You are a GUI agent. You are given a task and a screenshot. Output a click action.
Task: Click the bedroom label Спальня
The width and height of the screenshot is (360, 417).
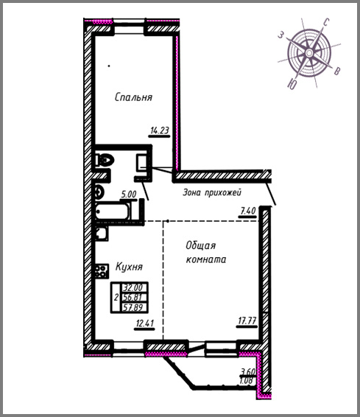click(x=134, y=97)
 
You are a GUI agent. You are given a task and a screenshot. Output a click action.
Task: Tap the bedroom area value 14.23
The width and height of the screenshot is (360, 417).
click(x=160, y=130)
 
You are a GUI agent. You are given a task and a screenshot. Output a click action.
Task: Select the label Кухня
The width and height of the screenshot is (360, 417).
click(x=129, y=267)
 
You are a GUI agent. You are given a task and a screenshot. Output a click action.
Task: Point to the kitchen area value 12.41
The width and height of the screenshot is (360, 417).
click(x=145, y=323)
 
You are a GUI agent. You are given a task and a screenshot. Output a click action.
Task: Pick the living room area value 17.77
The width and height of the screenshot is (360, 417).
click(x=247, y=320)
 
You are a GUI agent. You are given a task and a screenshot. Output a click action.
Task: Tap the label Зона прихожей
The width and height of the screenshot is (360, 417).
click(x=212, y=192)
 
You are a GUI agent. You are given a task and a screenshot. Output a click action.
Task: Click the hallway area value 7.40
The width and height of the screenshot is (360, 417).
click(x=248, y=211)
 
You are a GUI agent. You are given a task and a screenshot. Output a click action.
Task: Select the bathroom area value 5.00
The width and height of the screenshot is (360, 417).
click(x=129, y=195)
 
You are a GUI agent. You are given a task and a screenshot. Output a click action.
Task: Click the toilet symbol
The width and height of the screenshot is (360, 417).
click(x=105, y=160)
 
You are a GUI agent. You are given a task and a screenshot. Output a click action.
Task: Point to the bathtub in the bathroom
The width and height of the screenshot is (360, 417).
click(x=113, y=211)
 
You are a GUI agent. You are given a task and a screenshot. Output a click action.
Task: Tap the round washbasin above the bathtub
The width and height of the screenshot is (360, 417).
click(x=99, y=192)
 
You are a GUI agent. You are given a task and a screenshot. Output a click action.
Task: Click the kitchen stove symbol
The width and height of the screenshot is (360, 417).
click(x=102, y=271)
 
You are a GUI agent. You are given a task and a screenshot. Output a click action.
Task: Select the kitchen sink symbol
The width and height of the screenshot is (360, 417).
click(x=102, y=234)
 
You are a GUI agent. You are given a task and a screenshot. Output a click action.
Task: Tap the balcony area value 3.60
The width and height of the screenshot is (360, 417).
click(x=248, y=371)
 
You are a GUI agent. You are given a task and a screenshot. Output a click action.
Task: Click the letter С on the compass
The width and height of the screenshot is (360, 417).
click(x=326, y=22)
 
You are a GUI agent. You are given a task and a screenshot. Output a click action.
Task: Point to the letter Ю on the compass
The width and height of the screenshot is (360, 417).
click(x=292, y=84)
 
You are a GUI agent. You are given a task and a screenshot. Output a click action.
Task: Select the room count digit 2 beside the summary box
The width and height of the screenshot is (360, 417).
click(x=116, y=298)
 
